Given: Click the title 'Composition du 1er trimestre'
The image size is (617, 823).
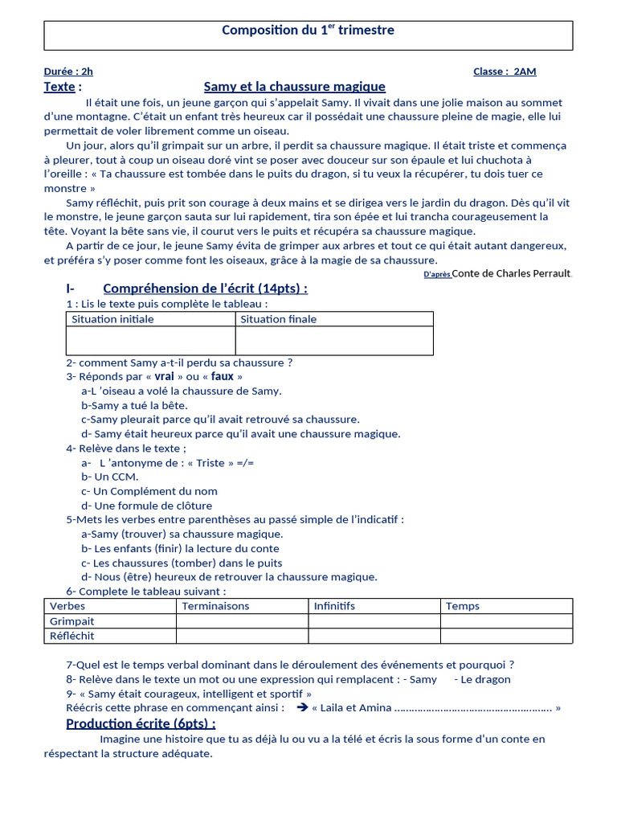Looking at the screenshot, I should point(308,31).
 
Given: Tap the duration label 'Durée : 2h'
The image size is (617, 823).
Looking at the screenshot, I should point(68,72).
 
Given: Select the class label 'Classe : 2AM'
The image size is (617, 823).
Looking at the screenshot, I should point(505,72).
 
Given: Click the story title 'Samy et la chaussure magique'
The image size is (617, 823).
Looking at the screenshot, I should point(294,87).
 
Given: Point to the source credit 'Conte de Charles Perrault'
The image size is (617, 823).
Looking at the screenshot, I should point(512,273).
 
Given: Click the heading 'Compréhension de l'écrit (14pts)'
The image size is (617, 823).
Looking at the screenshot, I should point(205,289).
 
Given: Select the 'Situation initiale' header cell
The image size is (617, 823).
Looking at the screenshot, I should point(112,319).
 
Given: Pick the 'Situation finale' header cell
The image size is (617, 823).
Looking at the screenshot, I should point(278,319).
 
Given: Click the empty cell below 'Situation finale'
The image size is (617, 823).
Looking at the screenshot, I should point(333,340).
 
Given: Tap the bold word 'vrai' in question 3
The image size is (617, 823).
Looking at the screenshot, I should point(164,376).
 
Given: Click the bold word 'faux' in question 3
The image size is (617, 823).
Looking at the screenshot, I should point(223,376).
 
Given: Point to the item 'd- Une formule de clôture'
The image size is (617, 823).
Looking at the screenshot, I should point(146,506).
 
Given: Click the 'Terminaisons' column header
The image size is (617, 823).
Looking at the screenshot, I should point(215,606).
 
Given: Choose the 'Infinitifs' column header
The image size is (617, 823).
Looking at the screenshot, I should point(334,606).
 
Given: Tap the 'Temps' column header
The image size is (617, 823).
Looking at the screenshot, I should point(463,606).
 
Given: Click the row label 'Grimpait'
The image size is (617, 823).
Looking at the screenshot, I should point(72,621).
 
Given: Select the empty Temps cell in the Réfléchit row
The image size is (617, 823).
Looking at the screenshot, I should point(506,636).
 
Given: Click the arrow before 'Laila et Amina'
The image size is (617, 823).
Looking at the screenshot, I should point(302,707).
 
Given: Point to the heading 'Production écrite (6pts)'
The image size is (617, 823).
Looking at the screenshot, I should point(141,723).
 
